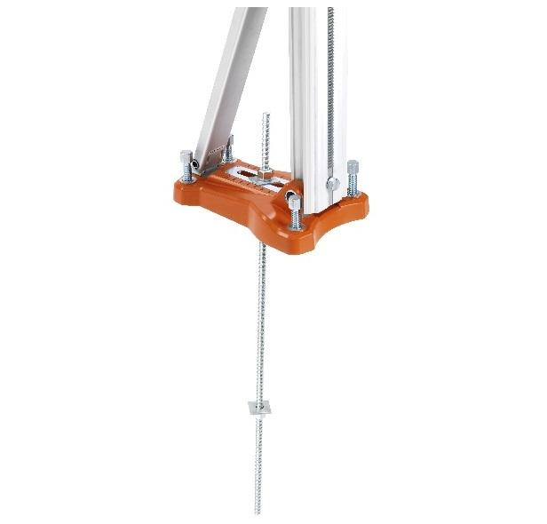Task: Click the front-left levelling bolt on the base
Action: coord(186,165)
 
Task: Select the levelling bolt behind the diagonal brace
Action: coord(227,151)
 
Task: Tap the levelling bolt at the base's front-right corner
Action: coord(294,211)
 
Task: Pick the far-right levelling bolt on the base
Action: coord(353,175)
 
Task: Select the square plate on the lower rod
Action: coord(257,408)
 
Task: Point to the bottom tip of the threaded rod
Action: coord(257,512)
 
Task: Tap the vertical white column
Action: coord(306,89)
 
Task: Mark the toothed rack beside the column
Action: coord(330,80)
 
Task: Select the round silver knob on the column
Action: coord(333,184)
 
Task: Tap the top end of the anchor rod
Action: coord(264,115)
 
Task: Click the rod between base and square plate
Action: coord(260,320)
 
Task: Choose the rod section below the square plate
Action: coord(257,462)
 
